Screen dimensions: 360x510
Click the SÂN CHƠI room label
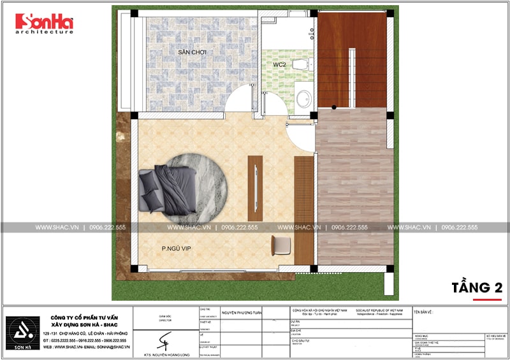pos(192,51)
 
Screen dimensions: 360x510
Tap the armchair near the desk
pos(280,245)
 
